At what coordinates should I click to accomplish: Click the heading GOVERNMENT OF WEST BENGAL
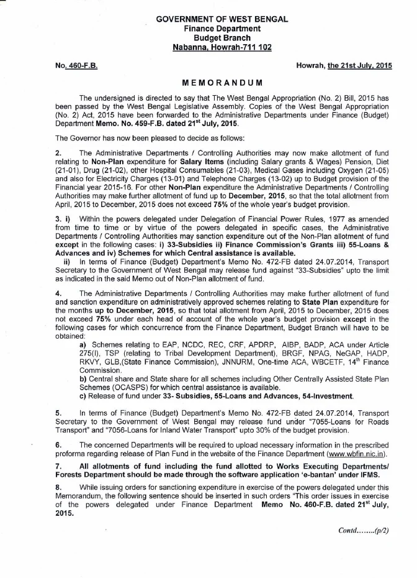[x=222, y=19]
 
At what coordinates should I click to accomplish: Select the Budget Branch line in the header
[x=222, y=38]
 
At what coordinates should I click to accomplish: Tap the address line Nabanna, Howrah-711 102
[x=222, y=47]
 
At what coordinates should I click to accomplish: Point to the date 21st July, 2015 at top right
[x=360, y=65]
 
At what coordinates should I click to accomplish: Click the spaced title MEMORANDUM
[x=222, y=83]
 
